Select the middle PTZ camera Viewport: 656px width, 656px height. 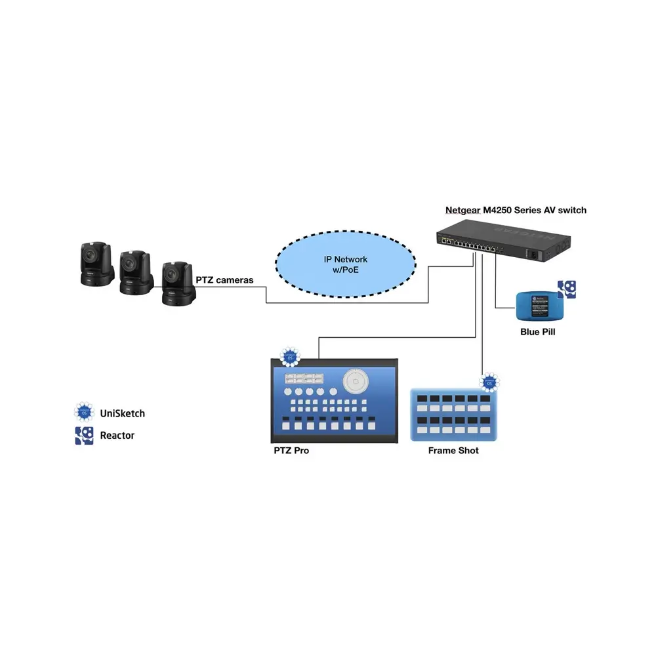[x=136, y=272]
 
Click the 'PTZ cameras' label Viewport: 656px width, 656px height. [x=224, y=280]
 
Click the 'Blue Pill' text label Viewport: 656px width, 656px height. [x=537, y=332]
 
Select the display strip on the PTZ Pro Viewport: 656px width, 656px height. [x=302, y=378]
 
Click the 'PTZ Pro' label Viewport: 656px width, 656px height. [x=291, y=451]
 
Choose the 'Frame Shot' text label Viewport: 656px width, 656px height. [x=453, y=451]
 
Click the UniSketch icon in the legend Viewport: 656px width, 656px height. [x=84, y=413]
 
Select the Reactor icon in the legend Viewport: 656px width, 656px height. [x=84, y=435]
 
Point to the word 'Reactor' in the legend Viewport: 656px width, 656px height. [x=117, y=435]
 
